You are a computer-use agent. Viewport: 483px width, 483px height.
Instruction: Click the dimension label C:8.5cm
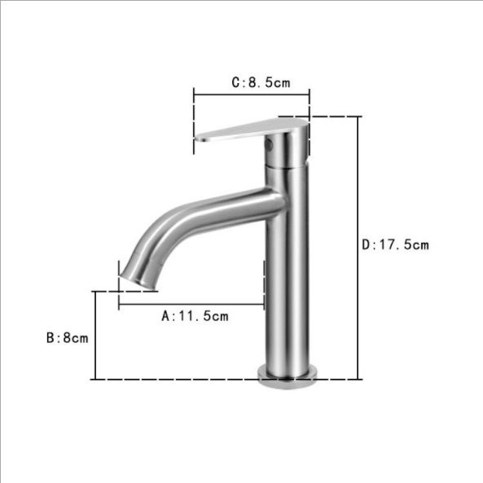(x=261, y=82)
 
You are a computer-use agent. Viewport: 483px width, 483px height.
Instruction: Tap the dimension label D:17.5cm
(x=395, y=245)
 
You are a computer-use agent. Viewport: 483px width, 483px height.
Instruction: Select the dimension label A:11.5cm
(x=195, y=316)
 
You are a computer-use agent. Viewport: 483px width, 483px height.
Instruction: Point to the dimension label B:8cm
(x=67, y=338)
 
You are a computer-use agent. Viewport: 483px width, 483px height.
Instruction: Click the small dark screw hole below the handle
(x=270, y=144)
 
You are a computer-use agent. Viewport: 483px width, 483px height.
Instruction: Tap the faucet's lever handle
(x=251, y=130)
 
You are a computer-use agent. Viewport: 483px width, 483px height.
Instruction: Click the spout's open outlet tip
(x=138, y=283)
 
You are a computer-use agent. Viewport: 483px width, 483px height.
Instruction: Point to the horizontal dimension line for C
(x=252, y=94)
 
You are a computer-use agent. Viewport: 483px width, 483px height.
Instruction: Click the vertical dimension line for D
(x=358, y=248)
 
